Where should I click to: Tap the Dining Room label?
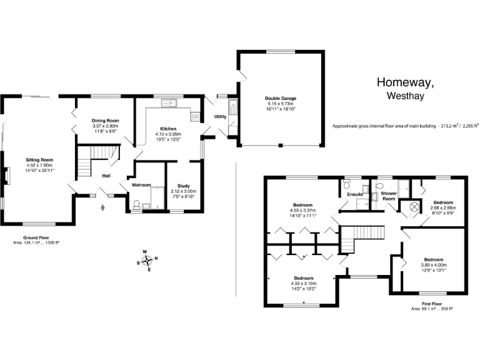coord(104,121)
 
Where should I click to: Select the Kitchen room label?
coord(168,129)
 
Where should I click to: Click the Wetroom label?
coord(142,185)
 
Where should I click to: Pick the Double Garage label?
coord(281,99)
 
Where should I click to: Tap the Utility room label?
coord(220,117)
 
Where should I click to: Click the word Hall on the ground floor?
coord(107,176)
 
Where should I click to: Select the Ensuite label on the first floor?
coord(356,194)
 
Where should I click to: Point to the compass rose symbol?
coord(149,261)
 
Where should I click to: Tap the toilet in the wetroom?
coord(137,204)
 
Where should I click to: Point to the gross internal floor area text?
coord(406,126)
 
